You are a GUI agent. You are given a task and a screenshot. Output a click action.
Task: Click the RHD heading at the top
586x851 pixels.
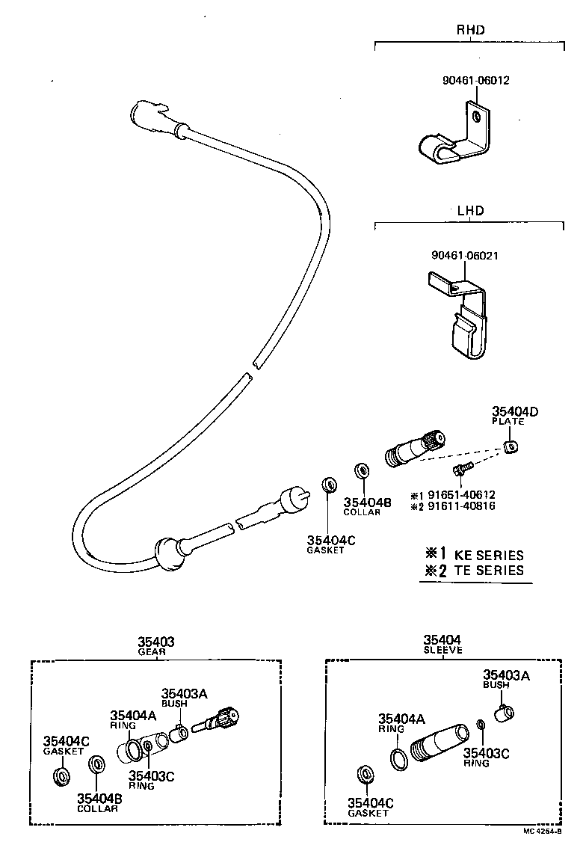pos(470,31)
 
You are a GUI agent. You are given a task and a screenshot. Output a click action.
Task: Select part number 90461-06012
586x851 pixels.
pos(475,80)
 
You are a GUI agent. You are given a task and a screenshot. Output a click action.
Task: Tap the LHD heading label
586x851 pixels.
pos(469,210)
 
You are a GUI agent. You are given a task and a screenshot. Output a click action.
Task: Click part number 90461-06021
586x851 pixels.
pos(465,256)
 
